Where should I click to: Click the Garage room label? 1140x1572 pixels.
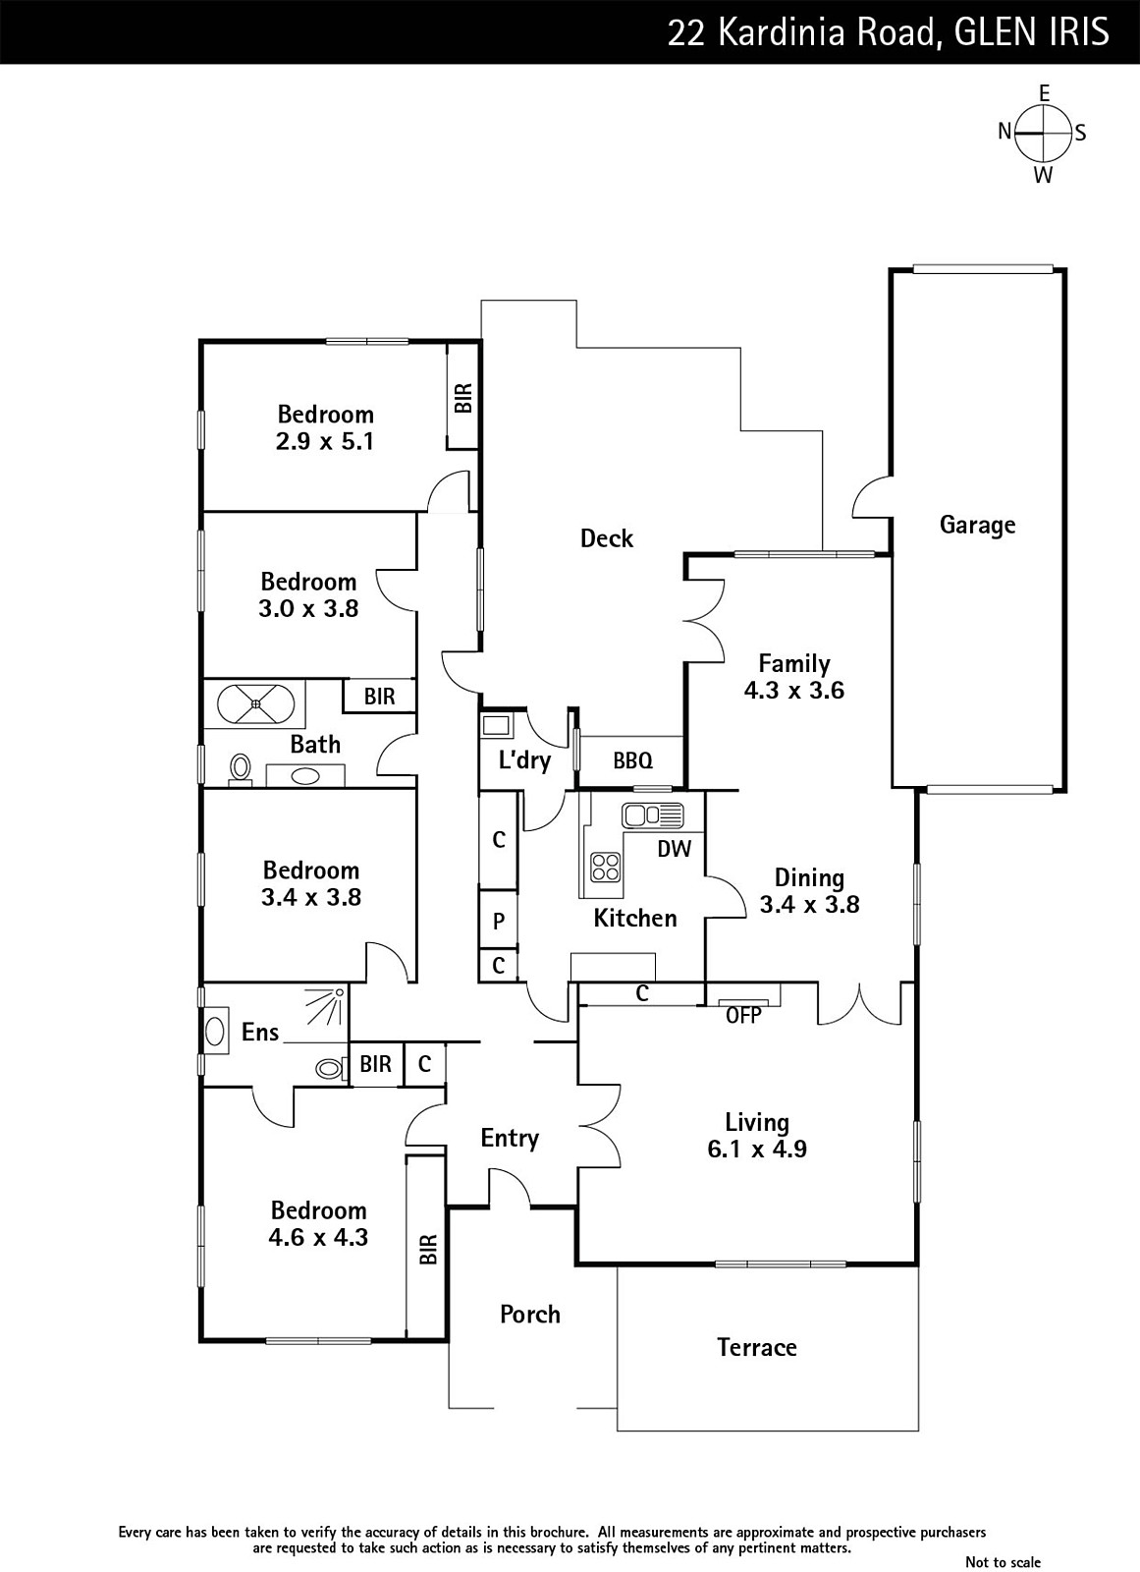point(977,526)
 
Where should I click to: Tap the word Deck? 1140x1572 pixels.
point(607,538)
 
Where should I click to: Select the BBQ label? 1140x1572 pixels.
point(632,760)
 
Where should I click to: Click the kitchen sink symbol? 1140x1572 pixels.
point(652,815)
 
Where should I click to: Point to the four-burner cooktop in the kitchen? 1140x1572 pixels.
point(606,866)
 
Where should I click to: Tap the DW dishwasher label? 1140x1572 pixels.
point(675,849)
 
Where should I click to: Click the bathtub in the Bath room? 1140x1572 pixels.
point(255,703)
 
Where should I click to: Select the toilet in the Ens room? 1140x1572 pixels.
point(330,1069)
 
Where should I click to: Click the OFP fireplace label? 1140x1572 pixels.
point(743,1016)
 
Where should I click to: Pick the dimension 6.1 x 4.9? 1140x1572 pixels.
point(757,1149)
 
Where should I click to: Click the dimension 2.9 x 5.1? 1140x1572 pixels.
point(324,441)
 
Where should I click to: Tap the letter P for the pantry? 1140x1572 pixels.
point(499,921)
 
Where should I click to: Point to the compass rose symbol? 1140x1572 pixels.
point(1043,133)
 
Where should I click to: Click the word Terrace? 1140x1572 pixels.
point(757,1347)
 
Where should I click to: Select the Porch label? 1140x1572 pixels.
point(529,1315)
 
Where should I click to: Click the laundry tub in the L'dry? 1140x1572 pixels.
point(496,725)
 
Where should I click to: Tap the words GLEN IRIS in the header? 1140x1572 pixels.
point(1032,32)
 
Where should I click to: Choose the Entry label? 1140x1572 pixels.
point(510,1139)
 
